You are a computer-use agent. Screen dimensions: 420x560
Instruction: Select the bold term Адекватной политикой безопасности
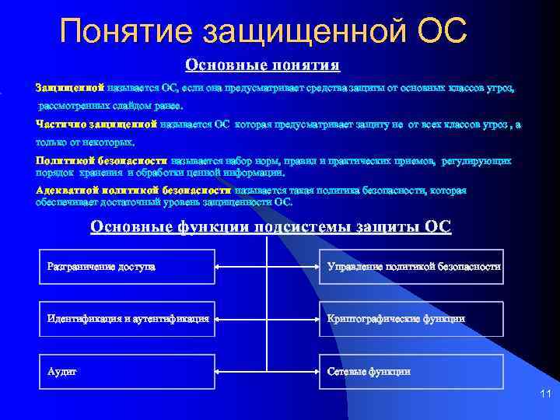pyautogui.click(x=133, y=190)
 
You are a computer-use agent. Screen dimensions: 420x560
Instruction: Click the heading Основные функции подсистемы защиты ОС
pyautogui.click(x=271, y=226)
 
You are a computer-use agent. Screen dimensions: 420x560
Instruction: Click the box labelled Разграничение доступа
pyautogui.click(x=125, y=267)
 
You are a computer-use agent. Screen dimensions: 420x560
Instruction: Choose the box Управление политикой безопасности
pyautogui.click(x=411, y=267)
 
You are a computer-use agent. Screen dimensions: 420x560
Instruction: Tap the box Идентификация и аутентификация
pyautogui.click(x=125, y=319)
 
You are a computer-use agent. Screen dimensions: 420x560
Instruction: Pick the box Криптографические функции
pyautogui.click(x=411, y=319)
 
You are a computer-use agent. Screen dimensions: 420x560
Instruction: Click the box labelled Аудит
pyautogui.click(x=125, y=371)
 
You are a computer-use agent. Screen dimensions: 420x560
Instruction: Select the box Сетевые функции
pyautogui.click(x=411, y=371)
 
